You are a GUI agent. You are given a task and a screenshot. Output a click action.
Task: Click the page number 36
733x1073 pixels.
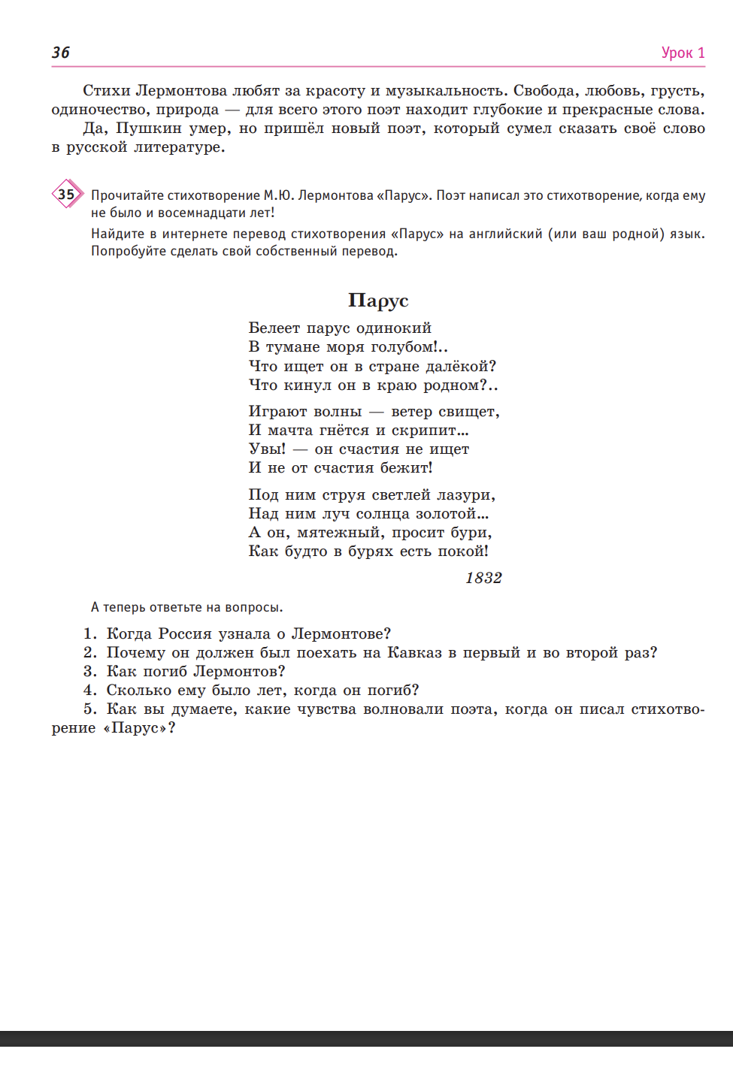pos(61,53)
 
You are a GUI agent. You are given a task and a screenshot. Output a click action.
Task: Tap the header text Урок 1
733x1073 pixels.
pos(683,53)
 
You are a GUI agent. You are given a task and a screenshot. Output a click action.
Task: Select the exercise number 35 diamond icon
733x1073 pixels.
pos(67,195)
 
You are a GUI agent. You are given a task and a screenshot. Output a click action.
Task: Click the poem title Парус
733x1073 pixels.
pos(378,301)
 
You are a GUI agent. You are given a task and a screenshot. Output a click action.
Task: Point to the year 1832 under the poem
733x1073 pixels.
pos(483,578)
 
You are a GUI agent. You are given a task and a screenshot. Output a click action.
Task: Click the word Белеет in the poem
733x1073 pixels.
pos(274,328)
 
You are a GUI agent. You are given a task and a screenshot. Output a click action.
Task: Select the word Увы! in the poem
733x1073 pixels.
pos(267,449)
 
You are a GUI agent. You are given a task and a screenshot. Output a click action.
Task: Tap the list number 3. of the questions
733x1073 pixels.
pos(90,672)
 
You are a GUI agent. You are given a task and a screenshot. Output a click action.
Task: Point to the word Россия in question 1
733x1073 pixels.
pos(183,634)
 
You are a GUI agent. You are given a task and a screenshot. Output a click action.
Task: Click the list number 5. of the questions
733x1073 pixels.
pos(90,709)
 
